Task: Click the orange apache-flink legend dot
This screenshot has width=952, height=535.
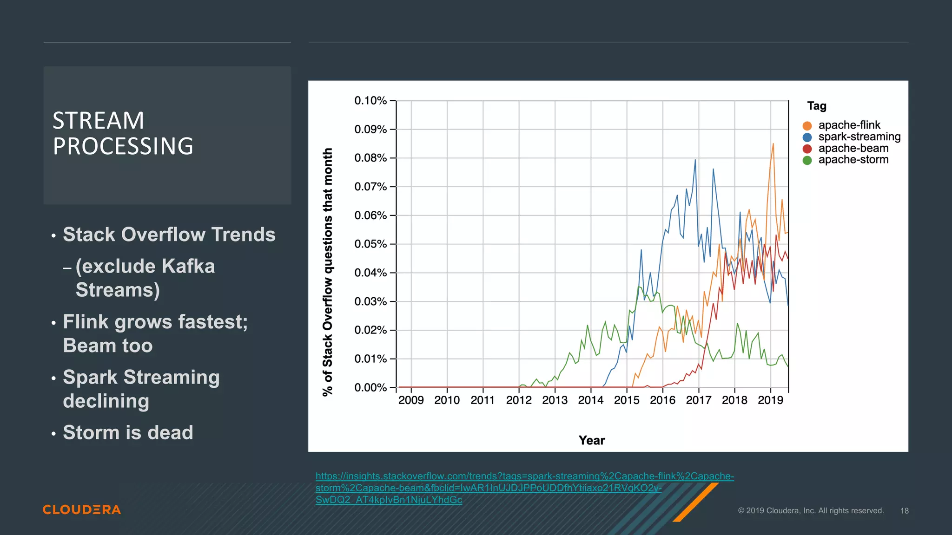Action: click(807, 126)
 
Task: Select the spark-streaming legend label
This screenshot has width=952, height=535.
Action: click(859, 137)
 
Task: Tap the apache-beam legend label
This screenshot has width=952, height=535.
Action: click(853, 148)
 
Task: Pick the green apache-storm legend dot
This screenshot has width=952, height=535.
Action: click(807, 160)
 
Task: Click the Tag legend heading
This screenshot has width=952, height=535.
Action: click(817, 106)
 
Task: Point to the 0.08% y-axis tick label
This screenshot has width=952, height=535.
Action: click(370, 158)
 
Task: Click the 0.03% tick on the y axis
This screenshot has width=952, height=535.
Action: click(370, 301)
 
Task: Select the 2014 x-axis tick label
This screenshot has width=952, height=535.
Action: click(590, 400)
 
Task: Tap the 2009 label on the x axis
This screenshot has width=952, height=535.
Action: click(411, 400)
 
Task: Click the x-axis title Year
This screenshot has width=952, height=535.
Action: click(591, 440)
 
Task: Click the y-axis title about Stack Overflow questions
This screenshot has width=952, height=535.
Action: click(328, 272)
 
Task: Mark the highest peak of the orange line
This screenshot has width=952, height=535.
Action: click(773, 144)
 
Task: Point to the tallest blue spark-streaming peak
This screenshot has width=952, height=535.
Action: click(695, 160)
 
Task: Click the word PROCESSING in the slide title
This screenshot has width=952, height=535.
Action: click(123, 146)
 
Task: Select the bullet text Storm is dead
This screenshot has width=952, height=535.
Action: click(128, 432)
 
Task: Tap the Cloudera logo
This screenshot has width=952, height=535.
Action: click(82, 509)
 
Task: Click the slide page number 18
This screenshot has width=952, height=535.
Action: click(904, 511)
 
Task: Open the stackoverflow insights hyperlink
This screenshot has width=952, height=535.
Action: click(524, 476)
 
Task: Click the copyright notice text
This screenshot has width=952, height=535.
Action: click(810, 511)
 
